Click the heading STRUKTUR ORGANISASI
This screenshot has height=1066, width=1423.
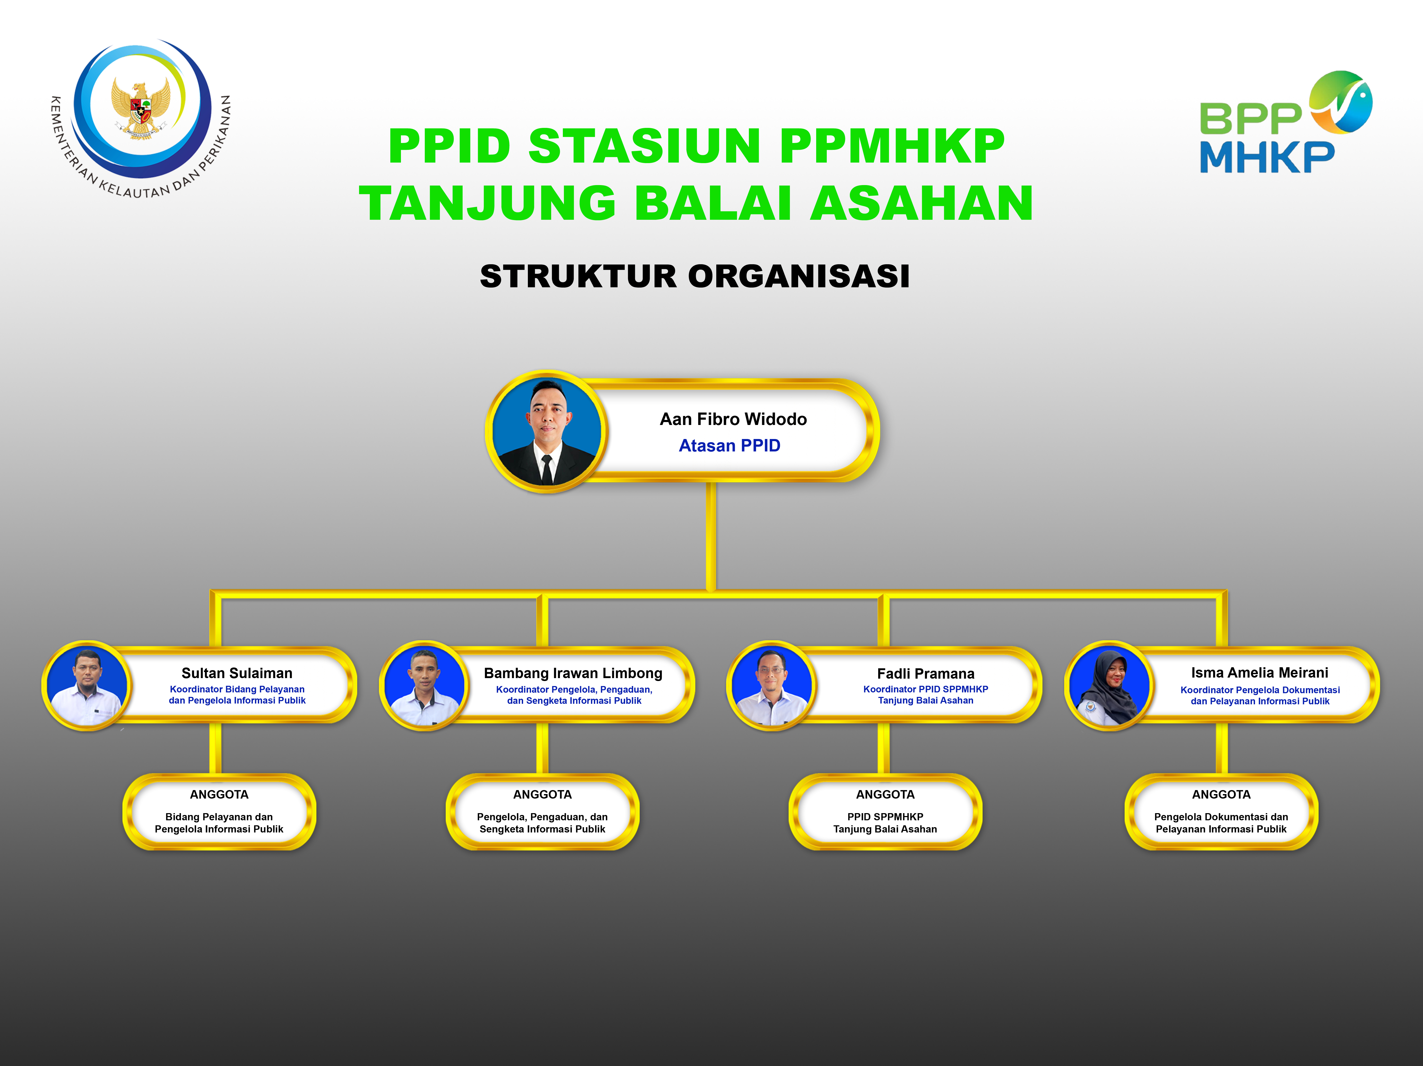tap(695, 276)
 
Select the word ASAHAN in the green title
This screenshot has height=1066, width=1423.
tap(921, 203)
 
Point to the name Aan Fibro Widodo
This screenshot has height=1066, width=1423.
tap(733, 419)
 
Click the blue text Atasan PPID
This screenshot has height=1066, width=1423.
tap(730, 446)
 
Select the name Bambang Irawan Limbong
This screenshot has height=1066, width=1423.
tap(573, 673)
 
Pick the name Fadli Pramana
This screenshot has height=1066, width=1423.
tap(926, 674)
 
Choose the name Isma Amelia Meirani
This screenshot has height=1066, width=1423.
tap(1260, 673)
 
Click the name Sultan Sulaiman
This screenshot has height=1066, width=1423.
tap(237, 673)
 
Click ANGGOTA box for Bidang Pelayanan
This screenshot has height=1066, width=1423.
tap(219, 811)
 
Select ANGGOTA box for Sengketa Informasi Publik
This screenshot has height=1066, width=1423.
tap(542, 811)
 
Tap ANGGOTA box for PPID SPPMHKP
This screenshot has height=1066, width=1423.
tap(885, 811)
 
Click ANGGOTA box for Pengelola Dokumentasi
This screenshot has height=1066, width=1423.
tap(1221, 811)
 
